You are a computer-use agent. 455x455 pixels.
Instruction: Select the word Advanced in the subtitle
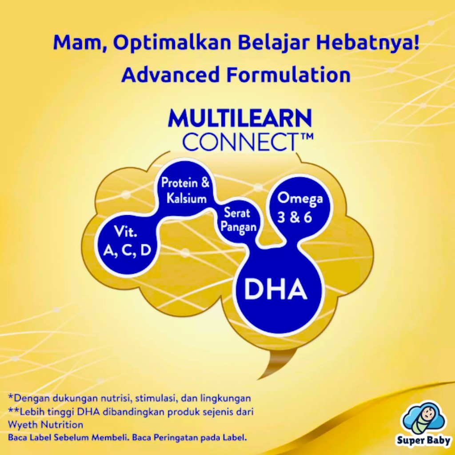tap(170, 74)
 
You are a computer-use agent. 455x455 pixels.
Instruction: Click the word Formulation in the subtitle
tap(288, 74)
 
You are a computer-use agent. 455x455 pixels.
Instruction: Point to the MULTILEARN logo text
tap(239, 118)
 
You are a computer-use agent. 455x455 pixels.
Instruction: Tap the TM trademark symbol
tap(305, 136)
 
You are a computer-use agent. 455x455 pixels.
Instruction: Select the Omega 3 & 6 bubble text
tap(299, 208)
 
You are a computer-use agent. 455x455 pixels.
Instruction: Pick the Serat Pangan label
tap(239, 220)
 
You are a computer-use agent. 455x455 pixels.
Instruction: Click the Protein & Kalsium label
tap(185, 191)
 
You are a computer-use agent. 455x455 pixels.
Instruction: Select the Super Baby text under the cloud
tap(423, 440)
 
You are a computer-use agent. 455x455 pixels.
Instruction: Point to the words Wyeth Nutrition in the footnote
tap(45, 425)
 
